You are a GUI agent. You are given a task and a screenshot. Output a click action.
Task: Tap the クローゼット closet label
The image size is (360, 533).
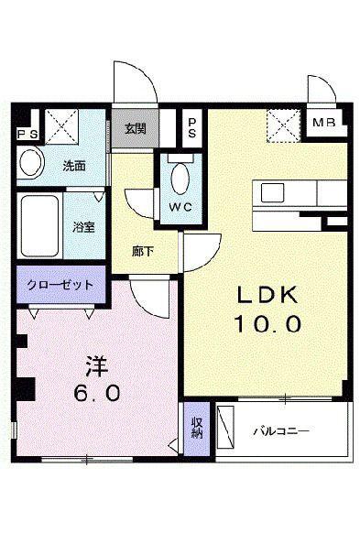pos(60,285)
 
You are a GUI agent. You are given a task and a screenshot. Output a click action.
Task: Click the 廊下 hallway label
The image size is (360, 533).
pos(141,249)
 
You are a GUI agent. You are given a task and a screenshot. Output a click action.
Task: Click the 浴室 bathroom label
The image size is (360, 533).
pos(83,226)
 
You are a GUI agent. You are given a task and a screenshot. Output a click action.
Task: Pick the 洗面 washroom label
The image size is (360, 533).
pos(74,167)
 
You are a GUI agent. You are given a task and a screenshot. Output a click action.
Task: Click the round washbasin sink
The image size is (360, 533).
pos(30,165)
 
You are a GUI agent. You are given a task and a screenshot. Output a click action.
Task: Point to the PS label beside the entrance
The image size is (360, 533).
pos(192,127)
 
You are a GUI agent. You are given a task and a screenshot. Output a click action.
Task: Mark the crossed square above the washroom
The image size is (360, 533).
pos(60,125)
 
